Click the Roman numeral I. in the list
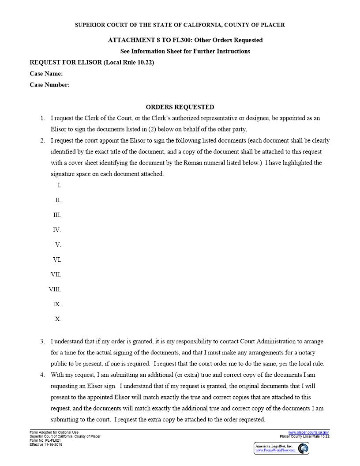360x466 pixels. [x=59, y=185]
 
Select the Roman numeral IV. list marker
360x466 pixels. [x=57, y=230]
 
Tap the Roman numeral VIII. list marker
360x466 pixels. [x=55, y=289]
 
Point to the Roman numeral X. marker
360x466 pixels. [x=58, y=319]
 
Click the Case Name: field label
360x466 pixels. [x=46, y=74]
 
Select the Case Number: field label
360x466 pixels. [x=49, y=85]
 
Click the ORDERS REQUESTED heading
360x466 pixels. [x=180, y=107]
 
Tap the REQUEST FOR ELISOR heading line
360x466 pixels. [x=92, y=62]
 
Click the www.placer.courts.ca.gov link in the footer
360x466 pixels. [x=309, y=432]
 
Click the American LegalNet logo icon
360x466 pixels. [x=303, y=448]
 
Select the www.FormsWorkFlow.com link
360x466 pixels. [x=275, y=451]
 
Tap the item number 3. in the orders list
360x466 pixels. [x=42, y=342]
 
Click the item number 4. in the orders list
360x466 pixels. [x=42, y=375]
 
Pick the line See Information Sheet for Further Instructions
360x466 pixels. [x=185, y=51]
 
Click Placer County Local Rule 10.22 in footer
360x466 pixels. [x=304, y=436]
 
